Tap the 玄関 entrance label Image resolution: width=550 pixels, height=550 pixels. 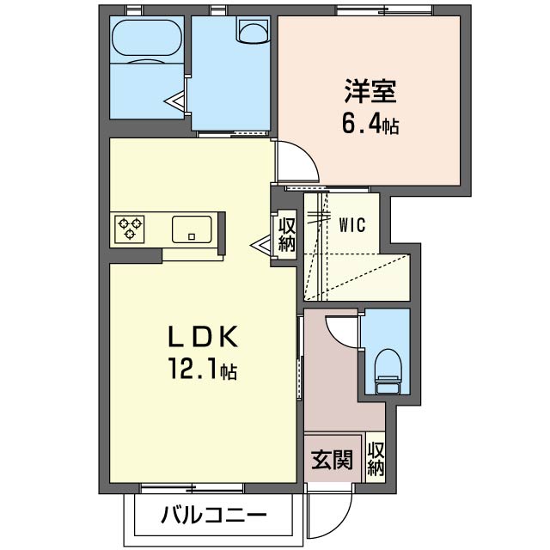tap(331, 461)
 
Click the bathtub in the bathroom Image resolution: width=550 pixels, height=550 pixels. tap(146, 39)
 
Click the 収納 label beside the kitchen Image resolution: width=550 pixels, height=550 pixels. tap(286, 234)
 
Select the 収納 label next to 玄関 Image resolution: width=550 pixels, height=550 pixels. tap(376, 459)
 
